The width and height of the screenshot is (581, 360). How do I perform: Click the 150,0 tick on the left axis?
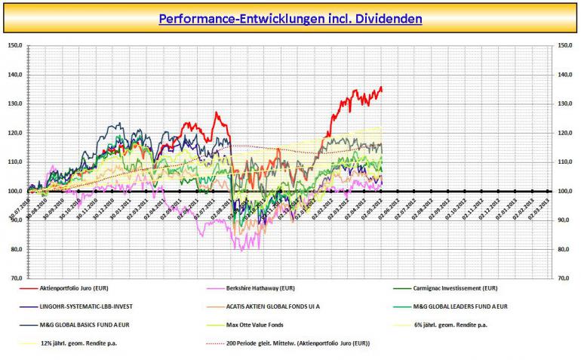pyautogui.click(x=14, y=45)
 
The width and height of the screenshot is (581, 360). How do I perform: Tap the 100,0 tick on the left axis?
pyautogui.click(x=14, y=191)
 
